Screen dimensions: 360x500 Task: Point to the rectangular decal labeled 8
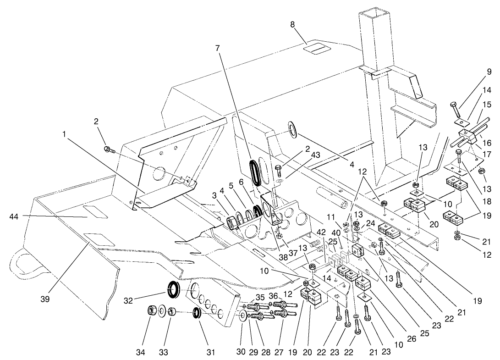coord(318,48)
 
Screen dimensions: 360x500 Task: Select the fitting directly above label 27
coord(281,314)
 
